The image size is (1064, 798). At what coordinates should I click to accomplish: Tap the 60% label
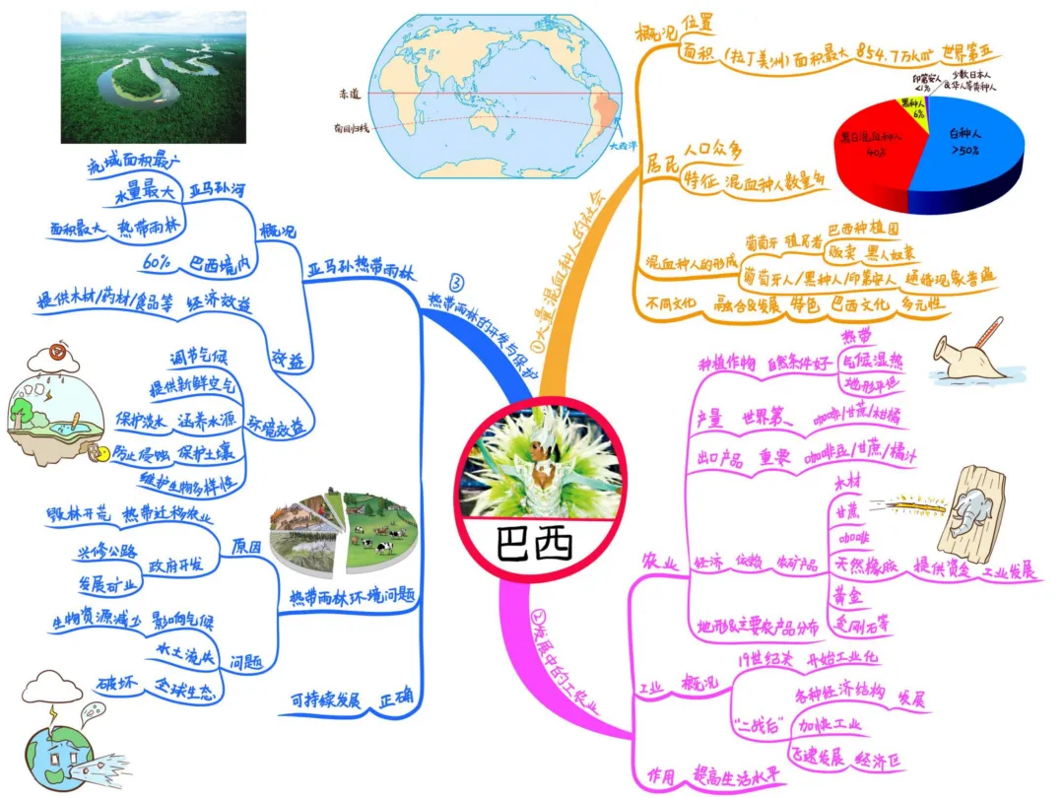tap(159, 264)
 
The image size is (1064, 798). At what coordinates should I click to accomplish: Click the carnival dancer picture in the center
tap(534, 462)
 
